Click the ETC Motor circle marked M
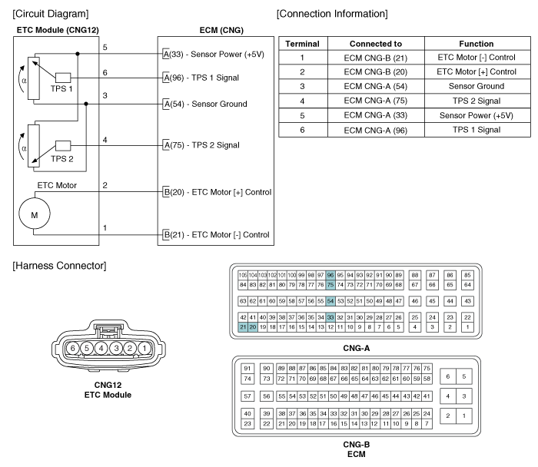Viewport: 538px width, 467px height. click(x=35, y=214)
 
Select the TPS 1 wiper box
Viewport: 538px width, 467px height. click(x=63, y=78)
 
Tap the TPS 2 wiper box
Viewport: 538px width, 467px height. click(x=63, y=146)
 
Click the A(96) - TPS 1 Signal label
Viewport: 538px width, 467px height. click(x=201, y=78)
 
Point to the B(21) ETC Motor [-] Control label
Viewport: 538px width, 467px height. click(x=217, y=235)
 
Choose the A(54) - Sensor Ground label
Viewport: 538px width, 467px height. click(x=205, y=104)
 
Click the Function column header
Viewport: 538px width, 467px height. click(x=477, y=44)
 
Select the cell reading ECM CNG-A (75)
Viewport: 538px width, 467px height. click(x=376, y=101)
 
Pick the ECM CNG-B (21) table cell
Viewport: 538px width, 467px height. click(x=376, y=58)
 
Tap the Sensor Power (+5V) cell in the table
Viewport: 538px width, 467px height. click(x=477, y=115)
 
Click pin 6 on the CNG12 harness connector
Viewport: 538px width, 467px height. click(x=72, y=349)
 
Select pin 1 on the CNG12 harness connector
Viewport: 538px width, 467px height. click(x=144, y=349)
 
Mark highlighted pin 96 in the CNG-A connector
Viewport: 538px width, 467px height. click(x=330, y=275)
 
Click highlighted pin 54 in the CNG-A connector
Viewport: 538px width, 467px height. click(x=330, y=301)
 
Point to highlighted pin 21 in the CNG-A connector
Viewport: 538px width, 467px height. click(x=243, y=326)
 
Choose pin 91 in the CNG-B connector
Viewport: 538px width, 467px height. click(x=247, y=368)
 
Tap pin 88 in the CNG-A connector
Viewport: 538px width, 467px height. click(x=415, y=275)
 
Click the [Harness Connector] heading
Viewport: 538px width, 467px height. click(x=59, y=266)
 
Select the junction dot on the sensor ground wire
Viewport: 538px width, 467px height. click(x=86, y=104)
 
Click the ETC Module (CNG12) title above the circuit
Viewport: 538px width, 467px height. click(x=58, y=30)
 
